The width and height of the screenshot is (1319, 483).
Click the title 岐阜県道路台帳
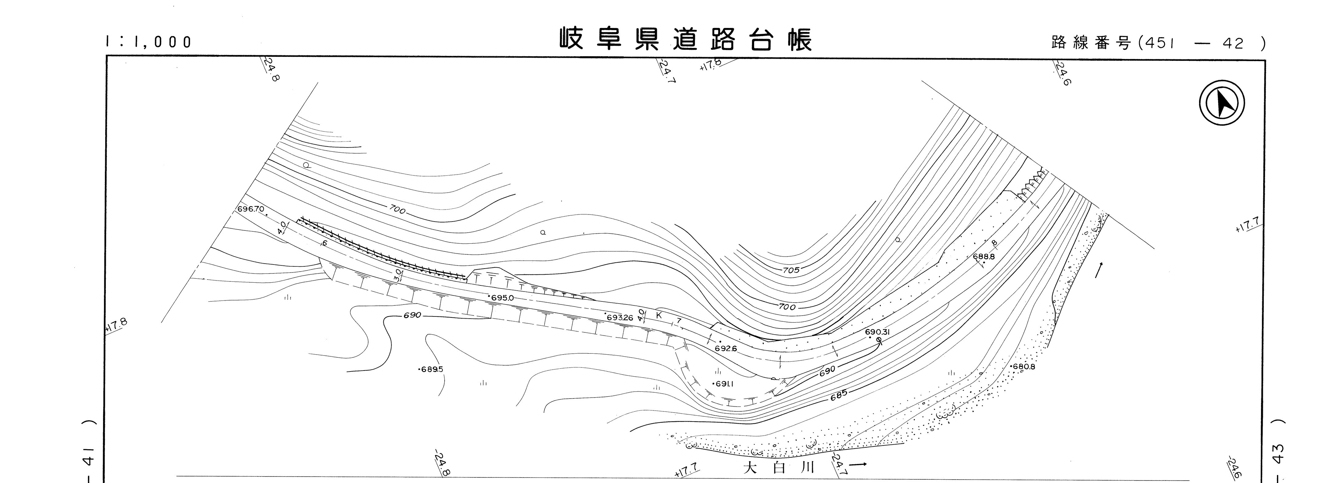(686, 39)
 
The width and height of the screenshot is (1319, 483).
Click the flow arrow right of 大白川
(859, 465)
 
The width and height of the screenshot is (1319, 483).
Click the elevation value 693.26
(619, 317)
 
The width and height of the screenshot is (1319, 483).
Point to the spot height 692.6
(726, 349)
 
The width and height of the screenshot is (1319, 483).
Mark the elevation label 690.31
(877, 332)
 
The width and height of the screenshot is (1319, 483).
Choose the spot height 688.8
(983, 256)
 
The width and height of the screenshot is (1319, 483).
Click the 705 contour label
(791, 270)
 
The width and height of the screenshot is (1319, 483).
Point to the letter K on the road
(659, 315)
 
